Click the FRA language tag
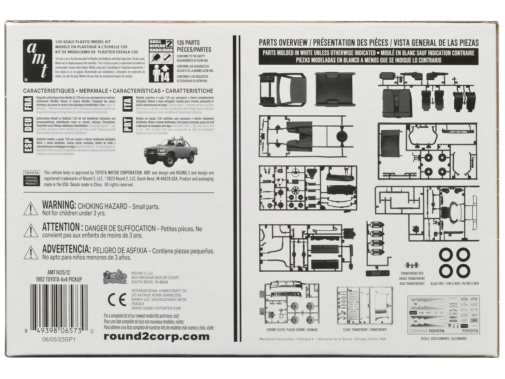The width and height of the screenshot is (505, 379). point(29,103)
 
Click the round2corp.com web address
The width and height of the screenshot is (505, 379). point(157,337)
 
